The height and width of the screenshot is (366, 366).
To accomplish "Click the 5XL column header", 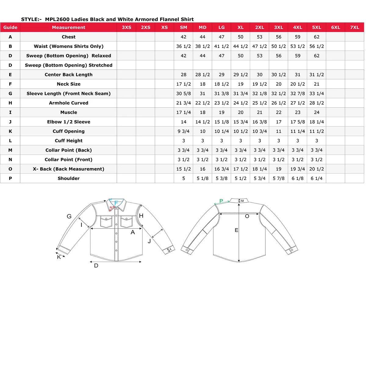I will tap(317, 27).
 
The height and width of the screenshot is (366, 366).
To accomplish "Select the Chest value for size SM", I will tap(183, 37).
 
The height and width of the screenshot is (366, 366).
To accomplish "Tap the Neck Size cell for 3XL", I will tap(278, 84).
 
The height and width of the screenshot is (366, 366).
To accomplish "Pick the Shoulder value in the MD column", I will tap(203, 178).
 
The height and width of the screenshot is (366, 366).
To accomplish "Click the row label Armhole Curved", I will tap(69, 103).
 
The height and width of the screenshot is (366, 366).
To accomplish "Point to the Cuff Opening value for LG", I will tap(221, 131).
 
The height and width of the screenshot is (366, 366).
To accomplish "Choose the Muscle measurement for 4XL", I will tap(297, 112).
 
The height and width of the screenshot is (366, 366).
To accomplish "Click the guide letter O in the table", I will tap(10, 169).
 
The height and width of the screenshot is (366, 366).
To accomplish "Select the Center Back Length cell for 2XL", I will tap(260, 74).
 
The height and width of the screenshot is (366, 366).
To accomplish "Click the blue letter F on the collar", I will tap(116, 203).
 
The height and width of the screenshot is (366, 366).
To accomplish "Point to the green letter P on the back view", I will tap(221, 201).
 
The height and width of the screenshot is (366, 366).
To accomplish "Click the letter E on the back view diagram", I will tap(236, 230).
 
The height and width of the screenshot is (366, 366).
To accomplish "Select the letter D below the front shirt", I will tap(96, 266).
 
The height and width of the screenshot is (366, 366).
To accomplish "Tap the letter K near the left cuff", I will tap(59, 257).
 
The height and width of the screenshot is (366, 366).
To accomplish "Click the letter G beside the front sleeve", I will tap(69, 216).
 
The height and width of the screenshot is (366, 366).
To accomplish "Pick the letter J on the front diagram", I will tap(149, 241).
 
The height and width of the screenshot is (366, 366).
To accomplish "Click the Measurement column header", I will tap(69, 27).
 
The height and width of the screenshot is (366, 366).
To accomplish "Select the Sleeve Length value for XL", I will tap(240, 93).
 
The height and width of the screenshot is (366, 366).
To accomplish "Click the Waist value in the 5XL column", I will tap(317, 46).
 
